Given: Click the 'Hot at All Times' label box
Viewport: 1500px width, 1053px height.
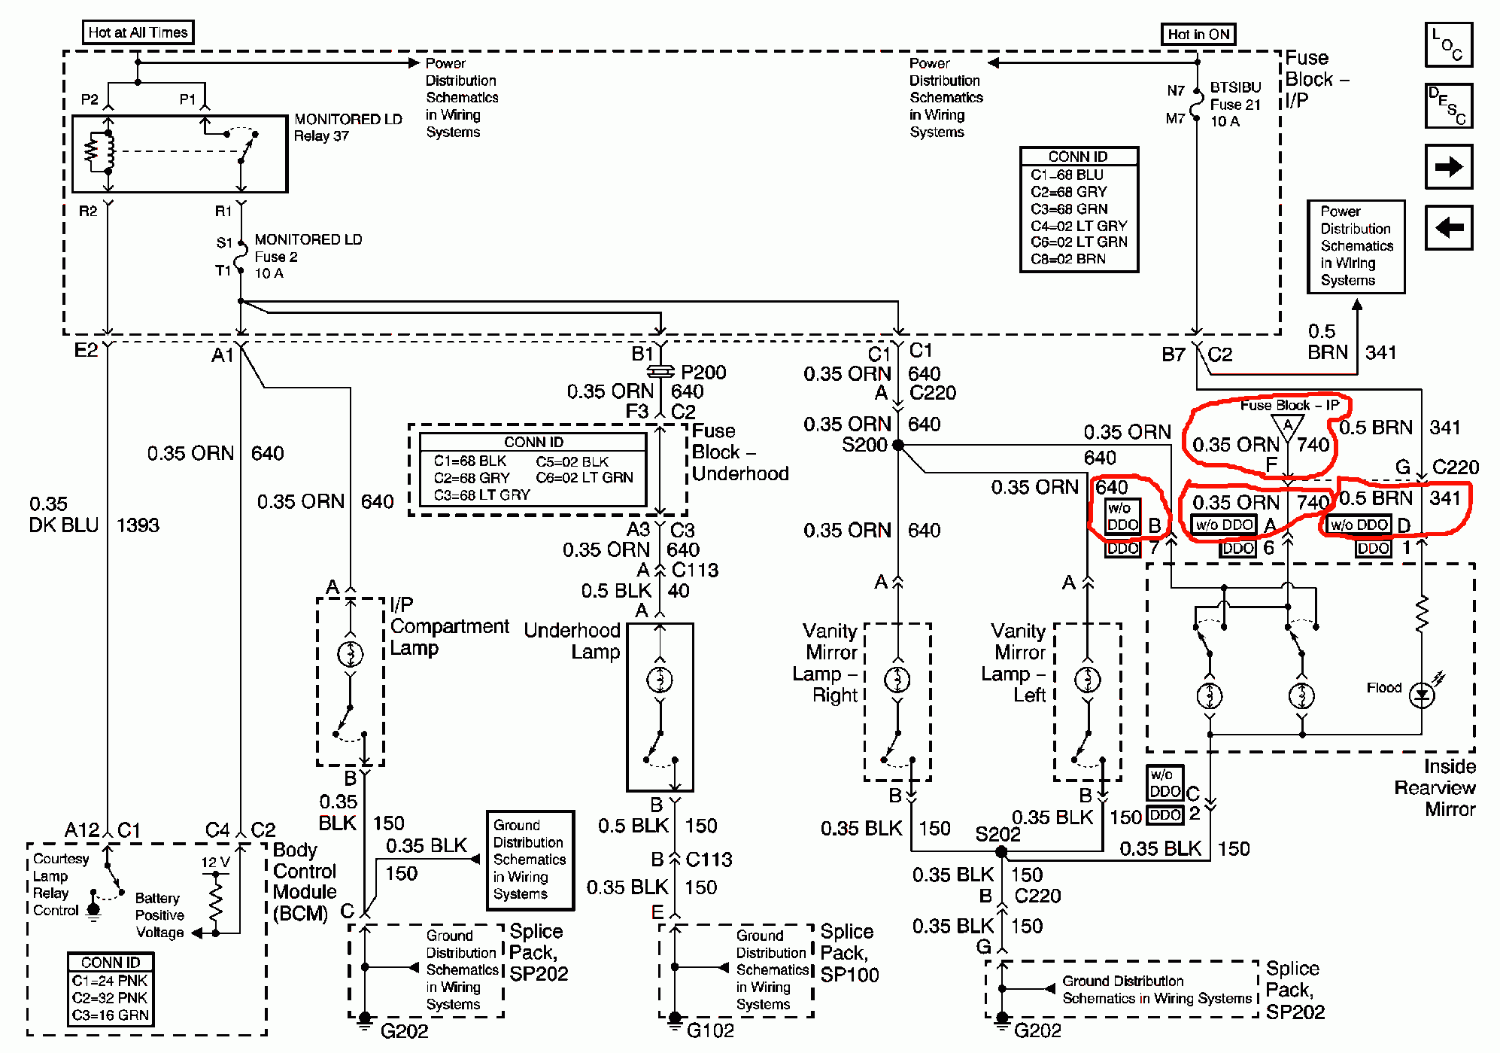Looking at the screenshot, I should [x=138, y=32].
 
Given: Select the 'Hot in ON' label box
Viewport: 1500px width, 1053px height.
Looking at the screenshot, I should [x=1198, y=35].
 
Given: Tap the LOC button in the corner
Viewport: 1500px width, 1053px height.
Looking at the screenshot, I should [x=1448, y=44].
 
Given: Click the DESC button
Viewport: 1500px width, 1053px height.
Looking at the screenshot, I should [x=1448, y=105].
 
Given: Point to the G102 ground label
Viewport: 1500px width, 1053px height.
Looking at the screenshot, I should [x=709, y=1030].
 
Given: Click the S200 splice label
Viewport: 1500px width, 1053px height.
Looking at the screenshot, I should [x=864, y=445].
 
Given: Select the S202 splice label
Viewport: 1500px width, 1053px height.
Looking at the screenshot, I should [x=997, y=834].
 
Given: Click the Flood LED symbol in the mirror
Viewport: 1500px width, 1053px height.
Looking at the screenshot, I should [x=1421, y=695].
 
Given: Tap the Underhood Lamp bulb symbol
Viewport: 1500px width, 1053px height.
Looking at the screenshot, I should [x=660, y=680].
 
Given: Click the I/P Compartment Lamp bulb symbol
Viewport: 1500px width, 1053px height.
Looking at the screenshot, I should [x=351, y=653].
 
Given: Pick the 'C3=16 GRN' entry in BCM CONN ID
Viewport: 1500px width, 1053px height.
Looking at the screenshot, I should [x=111, y=1015].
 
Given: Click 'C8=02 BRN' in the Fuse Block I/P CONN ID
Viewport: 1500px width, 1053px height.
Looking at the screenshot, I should [x=1068, y=259].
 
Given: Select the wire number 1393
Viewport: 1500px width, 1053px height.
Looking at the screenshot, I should [x=138, y=525].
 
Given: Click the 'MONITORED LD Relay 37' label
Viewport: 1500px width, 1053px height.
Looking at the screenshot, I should [x=348, y=127].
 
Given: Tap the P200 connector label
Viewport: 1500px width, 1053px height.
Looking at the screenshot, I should [x=703, y=373].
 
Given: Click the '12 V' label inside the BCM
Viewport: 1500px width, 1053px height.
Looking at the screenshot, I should [x=215, y=863].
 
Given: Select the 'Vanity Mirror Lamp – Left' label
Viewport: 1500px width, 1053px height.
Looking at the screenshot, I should [x=1018, y=662].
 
